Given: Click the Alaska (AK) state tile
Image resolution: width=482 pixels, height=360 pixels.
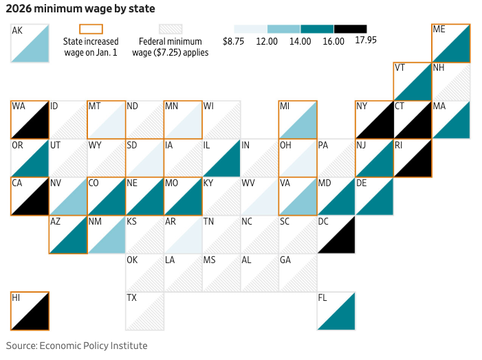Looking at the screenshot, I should pyautogui.click(x=30, y=43).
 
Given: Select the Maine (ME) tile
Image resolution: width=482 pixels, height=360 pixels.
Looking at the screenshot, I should pyautogui.click(x=451, y=43).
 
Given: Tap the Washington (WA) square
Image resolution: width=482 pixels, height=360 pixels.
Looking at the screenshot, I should pyautogui.click(x=30, y=120).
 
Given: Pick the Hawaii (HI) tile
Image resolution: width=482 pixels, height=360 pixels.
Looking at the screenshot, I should pyautogui.click(x=30, y=311).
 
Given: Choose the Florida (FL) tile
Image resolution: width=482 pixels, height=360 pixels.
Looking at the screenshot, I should pyautogui.click(x=336, y=311).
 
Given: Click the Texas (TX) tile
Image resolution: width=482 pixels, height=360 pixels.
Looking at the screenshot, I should pyautogui.click(x=144, y=311).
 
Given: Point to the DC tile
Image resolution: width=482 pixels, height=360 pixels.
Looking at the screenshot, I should pyautogui.click(x=336, y=234).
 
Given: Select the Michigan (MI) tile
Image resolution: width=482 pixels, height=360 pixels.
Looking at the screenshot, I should pyautogui.click(x=298, y=120).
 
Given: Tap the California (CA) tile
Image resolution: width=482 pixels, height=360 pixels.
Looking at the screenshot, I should pyautogui.click(x=30, y=196).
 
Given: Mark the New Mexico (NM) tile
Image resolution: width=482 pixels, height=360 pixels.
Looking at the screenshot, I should pyautogui.click(x=106, y=234).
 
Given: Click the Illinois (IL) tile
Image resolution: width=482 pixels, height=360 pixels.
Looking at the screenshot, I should pyautogui.click(x=221, y=158).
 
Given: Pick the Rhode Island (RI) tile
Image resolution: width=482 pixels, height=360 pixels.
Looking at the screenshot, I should pyautogui.click(x=413, y=158).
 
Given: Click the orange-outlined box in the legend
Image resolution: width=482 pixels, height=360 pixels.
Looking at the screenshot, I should pyautogui.click(x=91, y=29).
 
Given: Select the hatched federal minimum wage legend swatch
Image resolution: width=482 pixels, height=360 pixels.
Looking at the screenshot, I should pyautogui.click(x=171, y=29).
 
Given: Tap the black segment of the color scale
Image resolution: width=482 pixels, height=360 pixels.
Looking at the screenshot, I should pyautogui.click(x=350, y=29).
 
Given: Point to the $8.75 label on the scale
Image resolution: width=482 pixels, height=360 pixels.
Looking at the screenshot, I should pyautogui.click(x=234, y=41).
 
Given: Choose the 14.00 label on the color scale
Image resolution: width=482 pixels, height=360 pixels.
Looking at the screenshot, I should pyautogui.click(x=300, y=41).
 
